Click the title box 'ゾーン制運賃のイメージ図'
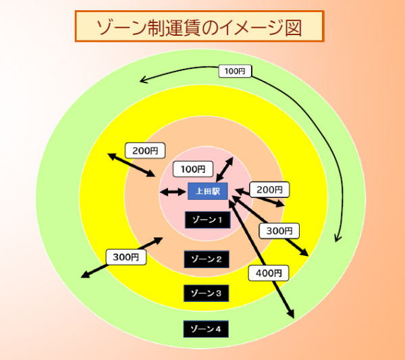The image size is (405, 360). [199, 26]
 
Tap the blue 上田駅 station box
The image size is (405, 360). [208, 191]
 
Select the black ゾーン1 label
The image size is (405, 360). [207, 220]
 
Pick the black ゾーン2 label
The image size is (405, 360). [207, 259]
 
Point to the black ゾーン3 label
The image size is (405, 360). [207, 293]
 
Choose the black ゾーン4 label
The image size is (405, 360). [207, 329]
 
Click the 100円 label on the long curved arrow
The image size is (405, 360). [235, 71]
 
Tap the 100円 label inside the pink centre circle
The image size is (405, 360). [192, 169]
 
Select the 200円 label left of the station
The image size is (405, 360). [145, 151]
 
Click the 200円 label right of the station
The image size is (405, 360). [270, 190]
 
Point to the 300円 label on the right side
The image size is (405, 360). [279, 230]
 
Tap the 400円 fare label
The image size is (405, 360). [269, 273]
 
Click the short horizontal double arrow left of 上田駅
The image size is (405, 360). [173, 192]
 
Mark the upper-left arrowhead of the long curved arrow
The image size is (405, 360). [142, 81]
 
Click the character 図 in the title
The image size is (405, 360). [292, 26]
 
